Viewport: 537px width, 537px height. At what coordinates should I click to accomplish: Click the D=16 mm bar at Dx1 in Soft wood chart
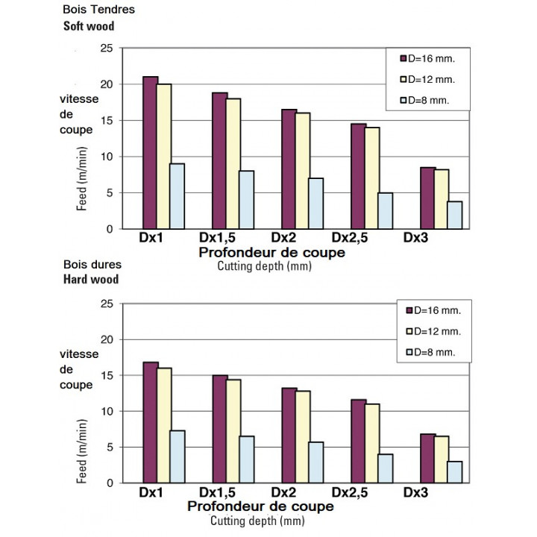[150, 153]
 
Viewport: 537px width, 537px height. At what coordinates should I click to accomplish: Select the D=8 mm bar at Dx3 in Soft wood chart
[453, 215]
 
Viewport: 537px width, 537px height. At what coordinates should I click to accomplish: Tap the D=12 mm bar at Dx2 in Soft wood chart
[302, 171]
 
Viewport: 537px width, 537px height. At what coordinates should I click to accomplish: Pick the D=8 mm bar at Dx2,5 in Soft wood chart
[385, 210]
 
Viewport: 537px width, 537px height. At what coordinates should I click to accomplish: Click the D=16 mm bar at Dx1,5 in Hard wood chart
[219, 429]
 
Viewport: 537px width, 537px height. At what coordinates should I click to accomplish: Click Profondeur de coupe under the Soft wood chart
[271, 253]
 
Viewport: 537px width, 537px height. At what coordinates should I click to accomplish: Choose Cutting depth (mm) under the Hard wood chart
[257, 521]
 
